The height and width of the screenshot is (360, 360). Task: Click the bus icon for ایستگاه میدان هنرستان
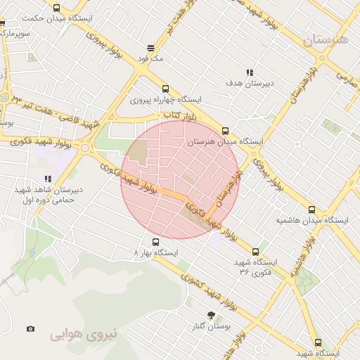225,130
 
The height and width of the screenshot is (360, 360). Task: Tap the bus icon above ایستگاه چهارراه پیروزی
165,89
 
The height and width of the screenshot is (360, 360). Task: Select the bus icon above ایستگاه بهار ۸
155,242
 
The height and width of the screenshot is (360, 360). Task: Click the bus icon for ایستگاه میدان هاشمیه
312,210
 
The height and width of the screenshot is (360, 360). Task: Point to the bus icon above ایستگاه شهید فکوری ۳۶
255,251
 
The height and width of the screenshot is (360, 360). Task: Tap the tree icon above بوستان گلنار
211,315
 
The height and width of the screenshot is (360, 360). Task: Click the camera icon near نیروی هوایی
30,328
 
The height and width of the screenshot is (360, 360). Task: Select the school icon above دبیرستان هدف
249,72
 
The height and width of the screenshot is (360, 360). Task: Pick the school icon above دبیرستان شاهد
48,179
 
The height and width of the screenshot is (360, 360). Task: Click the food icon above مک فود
150,48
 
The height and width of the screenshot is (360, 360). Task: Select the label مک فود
151,59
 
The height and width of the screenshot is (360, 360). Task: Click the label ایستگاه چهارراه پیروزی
166,100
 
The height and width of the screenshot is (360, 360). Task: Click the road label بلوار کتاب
179,114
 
